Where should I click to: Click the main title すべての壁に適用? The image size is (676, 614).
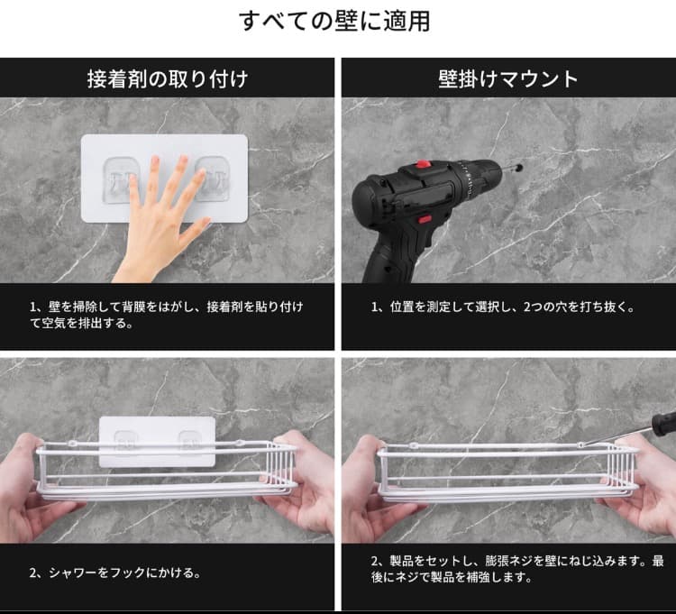(334, 22)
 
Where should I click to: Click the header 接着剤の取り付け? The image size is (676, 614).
(168, 78)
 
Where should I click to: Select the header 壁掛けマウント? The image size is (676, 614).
(508, 78)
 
